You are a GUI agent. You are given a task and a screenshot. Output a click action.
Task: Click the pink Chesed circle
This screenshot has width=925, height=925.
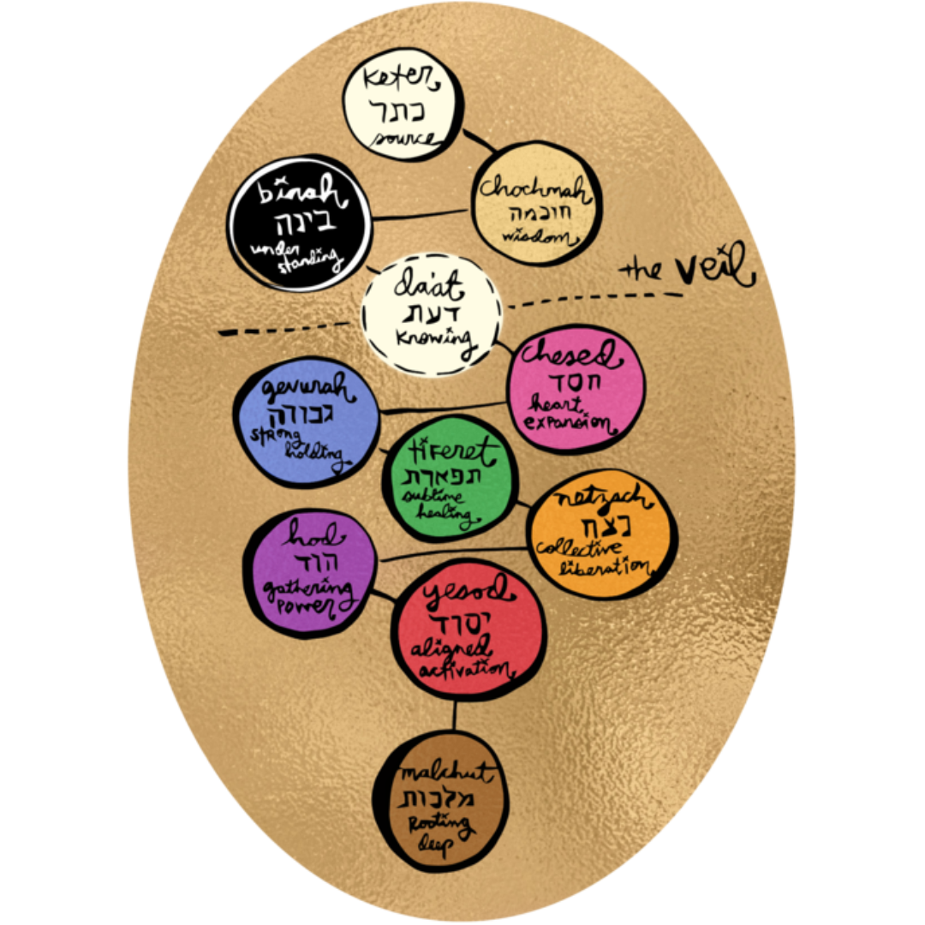click(x=575, y=390)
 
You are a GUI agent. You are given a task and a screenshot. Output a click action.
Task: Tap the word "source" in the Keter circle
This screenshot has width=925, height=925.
click(x=403, y=137)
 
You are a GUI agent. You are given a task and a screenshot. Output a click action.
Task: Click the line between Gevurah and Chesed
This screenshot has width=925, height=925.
click(x=445, y=408)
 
